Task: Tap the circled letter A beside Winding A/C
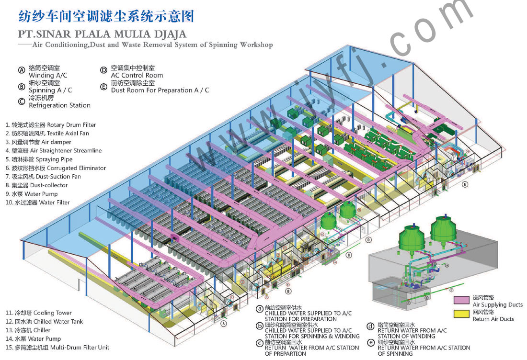(22, 70)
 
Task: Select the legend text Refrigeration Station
(59, 105)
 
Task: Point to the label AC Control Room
(137, 75)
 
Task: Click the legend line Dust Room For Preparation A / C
(160, 90)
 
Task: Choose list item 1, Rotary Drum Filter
(51, 125)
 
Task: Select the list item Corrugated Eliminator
(56, 168)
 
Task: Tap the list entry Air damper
(38, 142)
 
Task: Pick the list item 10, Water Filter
(38, 202)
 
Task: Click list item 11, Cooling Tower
(39, 313)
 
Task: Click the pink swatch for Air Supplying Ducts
(461, 300)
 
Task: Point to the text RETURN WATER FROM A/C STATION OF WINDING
(412, 333)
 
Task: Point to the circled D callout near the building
(368, 239)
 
